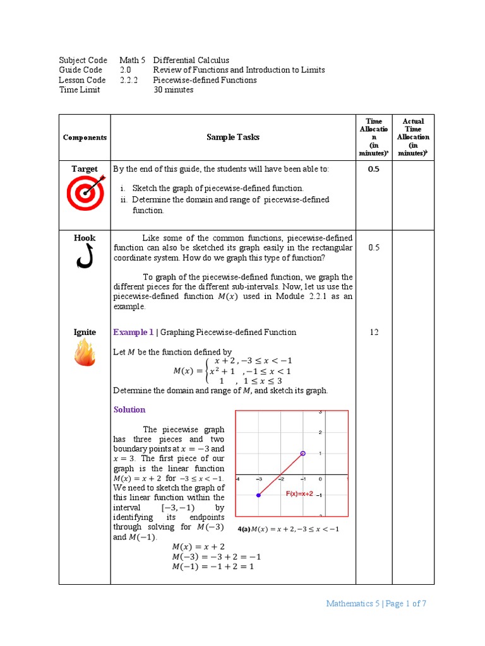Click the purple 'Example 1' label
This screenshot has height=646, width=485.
click(133, 332)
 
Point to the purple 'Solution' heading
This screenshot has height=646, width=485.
click(129, 409)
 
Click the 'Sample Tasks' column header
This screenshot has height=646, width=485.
click(232, 138)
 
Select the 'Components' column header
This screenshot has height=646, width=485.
click(85, 138)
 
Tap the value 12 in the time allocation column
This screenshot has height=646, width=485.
click(374, 332)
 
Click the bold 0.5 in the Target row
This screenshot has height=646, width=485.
click(374, 169)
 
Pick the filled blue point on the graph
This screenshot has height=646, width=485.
click(258, 495)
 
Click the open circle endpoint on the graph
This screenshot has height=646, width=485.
click(302, 454)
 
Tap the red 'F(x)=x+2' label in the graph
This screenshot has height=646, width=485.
click(299, 494)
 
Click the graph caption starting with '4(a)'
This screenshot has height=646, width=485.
click(288, 529)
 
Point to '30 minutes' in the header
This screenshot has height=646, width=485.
click(173, 90)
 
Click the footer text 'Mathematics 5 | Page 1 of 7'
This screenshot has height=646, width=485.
click(376, 604)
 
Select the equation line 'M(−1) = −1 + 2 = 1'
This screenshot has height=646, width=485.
click(216, 567)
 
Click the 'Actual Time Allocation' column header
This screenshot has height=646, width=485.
click(413, 138)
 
